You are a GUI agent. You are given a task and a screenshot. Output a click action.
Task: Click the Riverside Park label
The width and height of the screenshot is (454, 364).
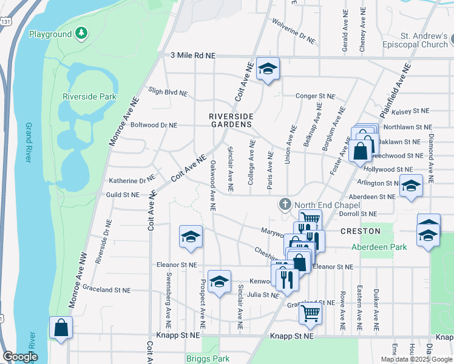coord(89,96)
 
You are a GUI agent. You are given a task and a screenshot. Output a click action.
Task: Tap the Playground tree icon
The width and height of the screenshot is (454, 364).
coord(81,33)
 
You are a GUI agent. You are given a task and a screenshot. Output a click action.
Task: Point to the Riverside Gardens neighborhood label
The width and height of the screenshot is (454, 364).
coord(230,120)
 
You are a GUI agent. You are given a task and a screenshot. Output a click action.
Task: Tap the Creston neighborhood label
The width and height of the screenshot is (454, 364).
coord(360,231)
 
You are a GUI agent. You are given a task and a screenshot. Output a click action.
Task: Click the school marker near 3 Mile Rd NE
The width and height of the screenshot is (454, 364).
coord(267,69)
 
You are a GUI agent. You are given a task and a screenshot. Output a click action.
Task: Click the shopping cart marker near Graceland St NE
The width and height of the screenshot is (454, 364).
coord(310,313)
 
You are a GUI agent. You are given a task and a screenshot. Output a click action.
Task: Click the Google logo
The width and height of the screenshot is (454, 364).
coord(20,357)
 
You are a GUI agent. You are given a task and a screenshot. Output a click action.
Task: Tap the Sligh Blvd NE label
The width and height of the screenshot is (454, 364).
coord(168,92)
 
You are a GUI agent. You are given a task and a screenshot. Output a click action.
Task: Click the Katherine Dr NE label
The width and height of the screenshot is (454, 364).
coord(132,180)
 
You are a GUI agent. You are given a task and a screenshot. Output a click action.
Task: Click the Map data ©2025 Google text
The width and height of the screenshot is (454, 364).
coord(416,359)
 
